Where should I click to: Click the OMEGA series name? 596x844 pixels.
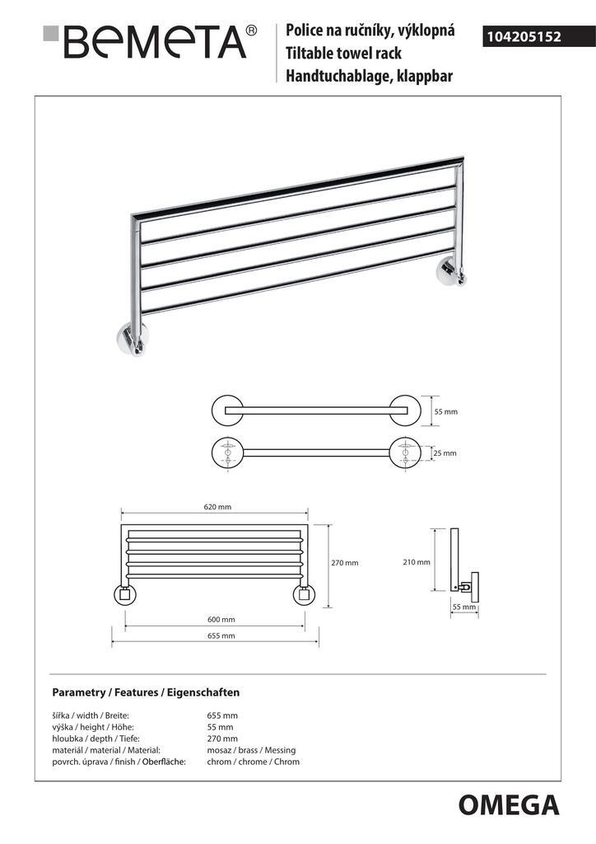(x=508, y=804)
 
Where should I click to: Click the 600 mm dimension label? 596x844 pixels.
(x=221, y=619)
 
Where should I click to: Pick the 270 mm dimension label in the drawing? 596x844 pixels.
(x=345, y=563)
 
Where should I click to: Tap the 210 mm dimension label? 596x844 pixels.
(x=417, y=562)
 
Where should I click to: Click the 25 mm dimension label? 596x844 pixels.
(x=445, y=453)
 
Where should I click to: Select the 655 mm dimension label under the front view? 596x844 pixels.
(x=221, y=635)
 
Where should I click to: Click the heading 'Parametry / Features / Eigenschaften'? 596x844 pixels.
(x=146, y=692)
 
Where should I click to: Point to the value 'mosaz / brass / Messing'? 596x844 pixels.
(x=251, y=750)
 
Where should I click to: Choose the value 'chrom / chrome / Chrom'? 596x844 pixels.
(x=254, y=762)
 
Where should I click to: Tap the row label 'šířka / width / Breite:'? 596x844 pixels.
(x=91, y=715)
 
